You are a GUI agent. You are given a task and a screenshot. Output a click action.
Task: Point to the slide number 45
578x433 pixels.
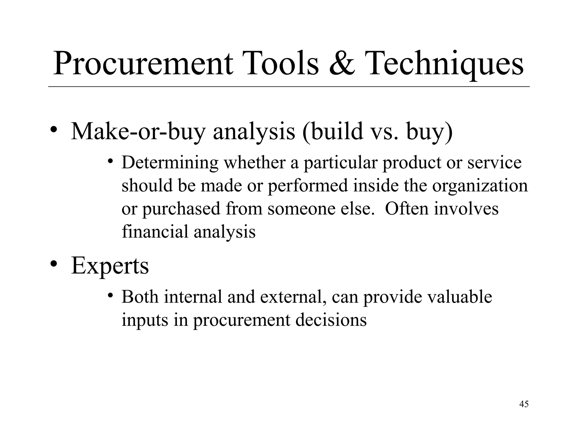(524, 404)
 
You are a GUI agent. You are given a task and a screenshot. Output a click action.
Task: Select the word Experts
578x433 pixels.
(110, 266)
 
